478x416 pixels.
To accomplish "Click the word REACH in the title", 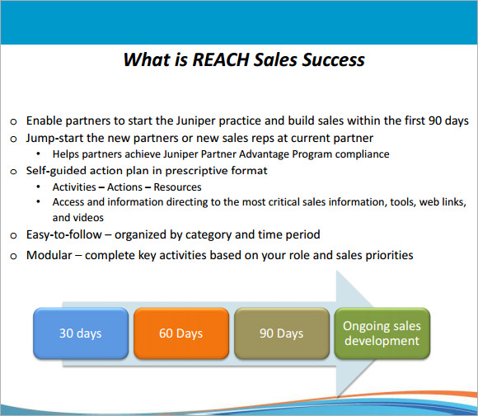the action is [221, 59].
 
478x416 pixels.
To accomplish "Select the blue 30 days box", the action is [81, 333].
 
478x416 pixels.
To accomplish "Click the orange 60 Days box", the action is [181, 333].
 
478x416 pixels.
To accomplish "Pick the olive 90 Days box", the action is [282, 333].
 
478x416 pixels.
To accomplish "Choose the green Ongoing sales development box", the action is [382, 333].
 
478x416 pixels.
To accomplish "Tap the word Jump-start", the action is [54, 139].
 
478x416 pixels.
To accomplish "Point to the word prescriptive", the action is [196, 171].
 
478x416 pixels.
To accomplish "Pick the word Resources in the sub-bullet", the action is [177, 187].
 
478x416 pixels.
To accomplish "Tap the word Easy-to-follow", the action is [64, 234].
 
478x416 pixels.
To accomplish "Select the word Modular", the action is [49, 255].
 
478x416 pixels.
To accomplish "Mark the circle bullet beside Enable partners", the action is [13, 122].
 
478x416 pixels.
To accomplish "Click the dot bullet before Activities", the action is [38, 187].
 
